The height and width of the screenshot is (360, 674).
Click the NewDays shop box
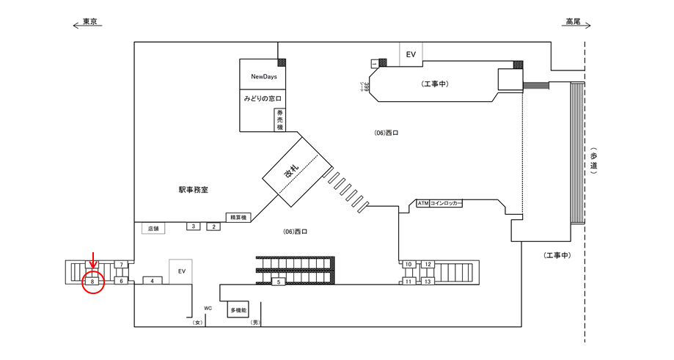pos(263,76)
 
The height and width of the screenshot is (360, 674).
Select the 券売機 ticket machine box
pos(279,120)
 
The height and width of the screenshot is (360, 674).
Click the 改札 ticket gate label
pos(292,174)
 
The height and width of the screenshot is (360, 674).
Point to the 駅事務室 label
pos(194,189)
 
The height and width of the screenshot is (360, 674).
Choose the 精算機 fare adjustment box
pos(238,217)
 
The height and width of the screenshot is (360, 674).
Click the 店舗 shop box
pos(153,228)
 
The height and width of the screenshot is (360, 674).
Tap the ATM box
pos(422,203)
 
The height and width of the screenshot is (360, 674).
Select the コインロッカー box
pos(446,203)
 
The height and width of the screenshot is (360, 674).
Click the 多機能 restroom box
pos(238,309)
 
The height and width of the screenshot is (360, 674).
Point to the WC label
pos(208,308)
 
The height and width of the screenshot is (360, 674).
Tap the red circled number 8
pos(93,281)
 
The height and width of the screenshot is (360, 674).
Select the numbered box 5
pos(279,282)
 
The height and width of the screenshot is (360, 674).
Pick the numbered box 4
pos(152,281)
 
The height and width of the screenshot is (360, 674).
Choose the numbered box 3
pos(194,227)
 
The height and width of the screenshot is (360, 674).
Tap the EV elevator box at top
pos(411,54)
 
